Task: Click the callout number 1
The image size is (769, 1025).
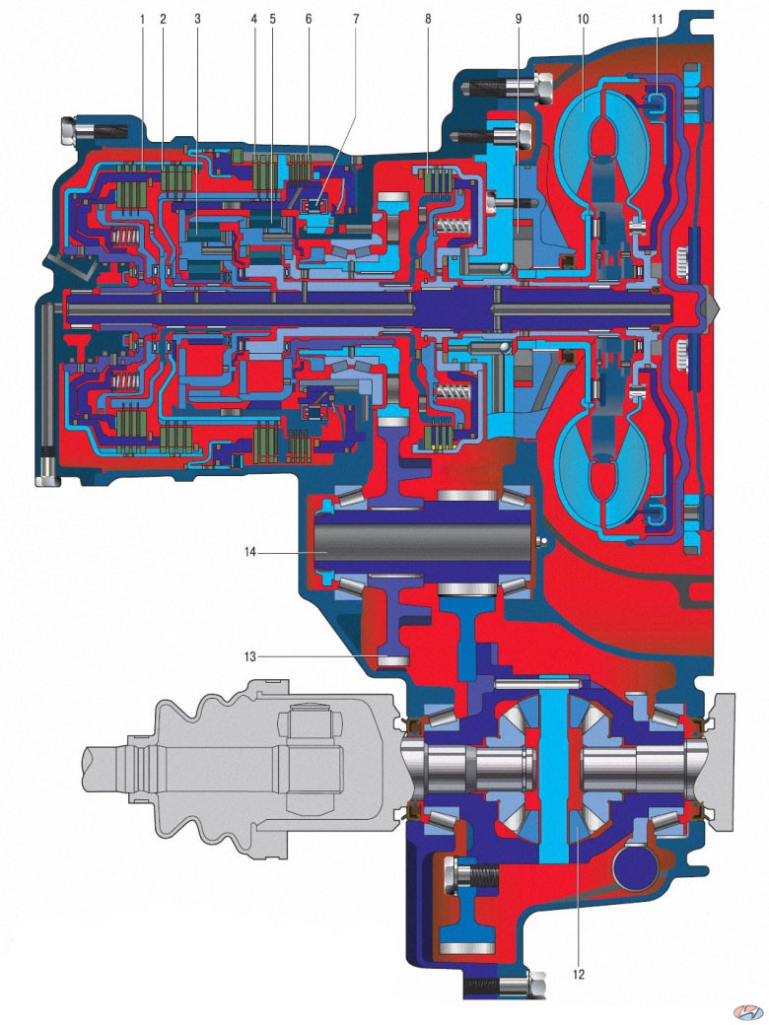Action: coord(142,20)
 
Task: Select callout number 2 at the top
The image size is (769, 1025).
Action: coord(163,20)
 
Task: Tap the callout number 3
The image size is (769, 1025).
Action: coord(197,20)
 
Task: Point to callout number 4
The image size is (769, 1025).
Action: coord(254,20)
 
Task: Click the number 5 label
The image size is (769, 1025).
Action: coord(273,20)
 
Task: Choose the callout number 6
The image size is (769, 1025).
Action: coord(308,20)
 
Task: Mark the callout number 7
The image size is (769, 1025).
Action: coord(356,20)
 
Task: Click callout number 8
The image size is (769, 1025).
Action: coord(428,20)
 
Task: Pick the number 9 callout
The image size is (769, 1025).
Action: coord(519,20)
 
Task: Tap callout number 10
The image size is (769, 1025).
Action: coord(583,20)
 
